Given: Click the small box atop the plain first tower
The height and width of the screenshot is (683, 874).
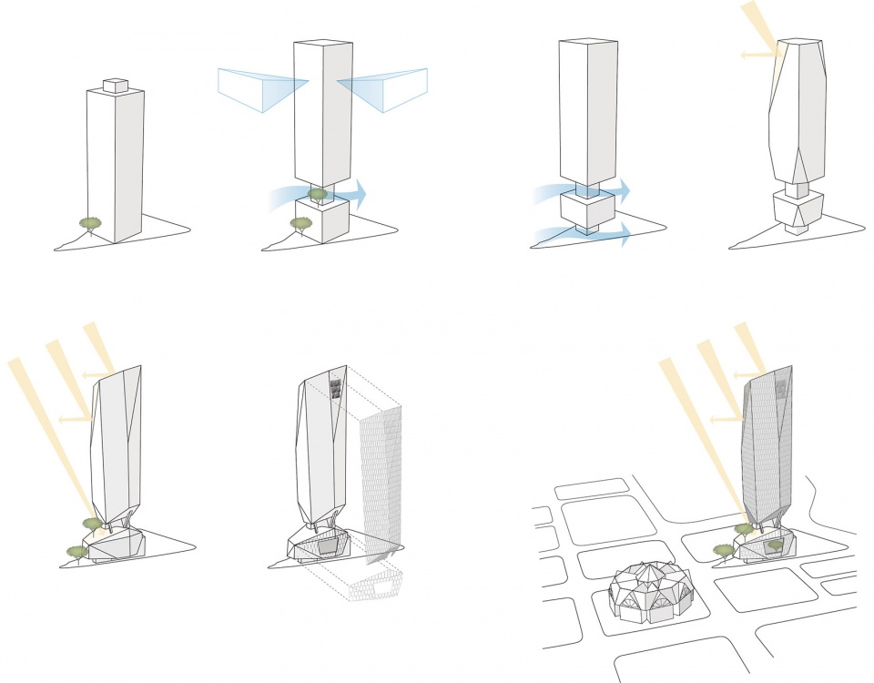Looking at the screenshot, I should [x=116, y=85].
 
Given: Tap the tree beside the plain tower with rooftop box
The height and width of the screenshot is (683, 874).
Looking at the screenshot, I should [x=89, y=223].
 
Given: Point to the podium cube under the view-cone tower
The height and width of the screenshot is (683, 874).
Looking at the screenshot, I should [x=322, y=220].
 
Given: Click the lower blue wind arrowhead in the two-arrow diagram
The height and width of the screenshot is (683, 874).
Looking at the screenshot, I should [x=626, y=235].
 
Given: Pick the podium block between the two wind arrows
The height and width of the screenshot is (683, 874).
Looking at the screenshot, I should [x=587, y=209].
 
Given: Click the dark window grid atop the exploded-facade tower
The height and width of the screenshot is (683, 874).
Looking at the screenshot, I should [x=335, y=390].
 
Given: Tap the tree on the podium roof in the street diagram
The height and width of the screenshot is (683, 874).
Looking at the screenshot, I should [x=775, y=545].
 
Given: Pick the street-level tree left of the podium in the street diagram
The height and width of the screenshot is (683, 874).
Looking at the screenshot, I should [x=724, y=550].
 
